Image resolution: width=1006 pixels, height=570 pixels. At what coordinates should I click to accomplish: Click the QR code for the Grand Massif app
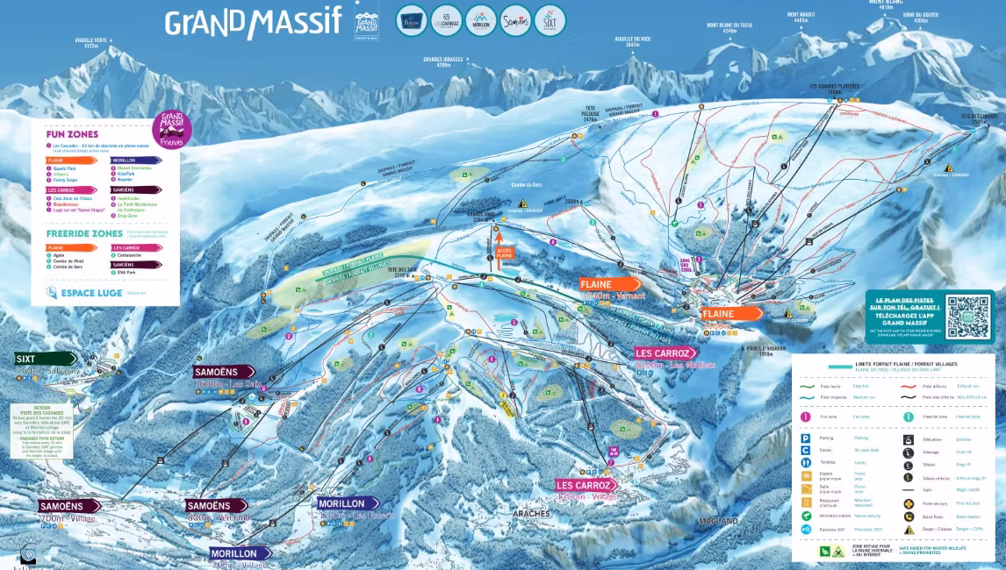[x=964, y=313]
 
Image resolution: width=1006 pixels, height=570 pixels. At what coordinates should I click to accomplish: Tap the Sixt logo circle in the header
[x=550, y=20]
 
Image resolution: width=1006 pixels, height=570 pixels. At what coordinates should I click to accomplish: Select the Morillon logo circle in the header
[x=480, y=20]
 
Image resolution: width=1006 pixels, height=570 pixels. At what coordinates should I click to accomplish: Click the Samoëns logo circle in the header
[x=516, y=20]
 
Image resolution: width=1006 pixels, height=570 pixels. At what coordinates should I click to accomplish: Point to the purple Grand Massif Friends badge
[x=172, y=129]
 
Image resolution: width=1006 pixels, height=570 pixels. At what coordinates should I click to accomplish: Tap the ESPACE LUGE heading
[x=85, y=293]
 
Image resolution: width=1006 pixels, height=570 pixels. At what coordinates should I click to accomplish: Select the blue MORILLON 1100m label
[x=348, y=503]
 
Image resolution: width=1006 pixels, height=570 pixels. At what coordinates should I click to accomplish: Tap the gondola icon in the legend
[x=909, y=437]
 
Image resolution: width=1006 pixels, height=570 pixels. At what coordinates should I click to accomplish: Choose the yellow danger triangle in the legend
[x=909, y=530]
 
